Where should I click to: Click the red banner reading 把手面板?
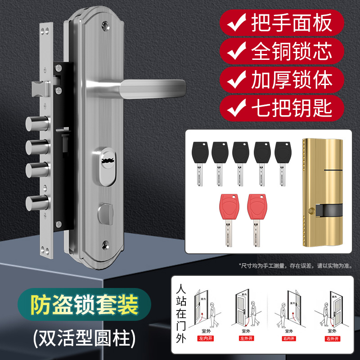(x=282, y=21)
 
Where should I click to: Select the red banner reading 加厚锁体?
(x=282, y=80)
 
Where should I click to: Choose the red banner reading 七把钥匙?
(x=282, y=108)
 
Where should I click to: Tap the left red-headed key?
(x=227, y=220)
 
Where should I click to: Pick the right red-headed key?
(x=256, y=220)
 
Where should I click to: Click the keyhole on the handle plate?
(x=108, y=160)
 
